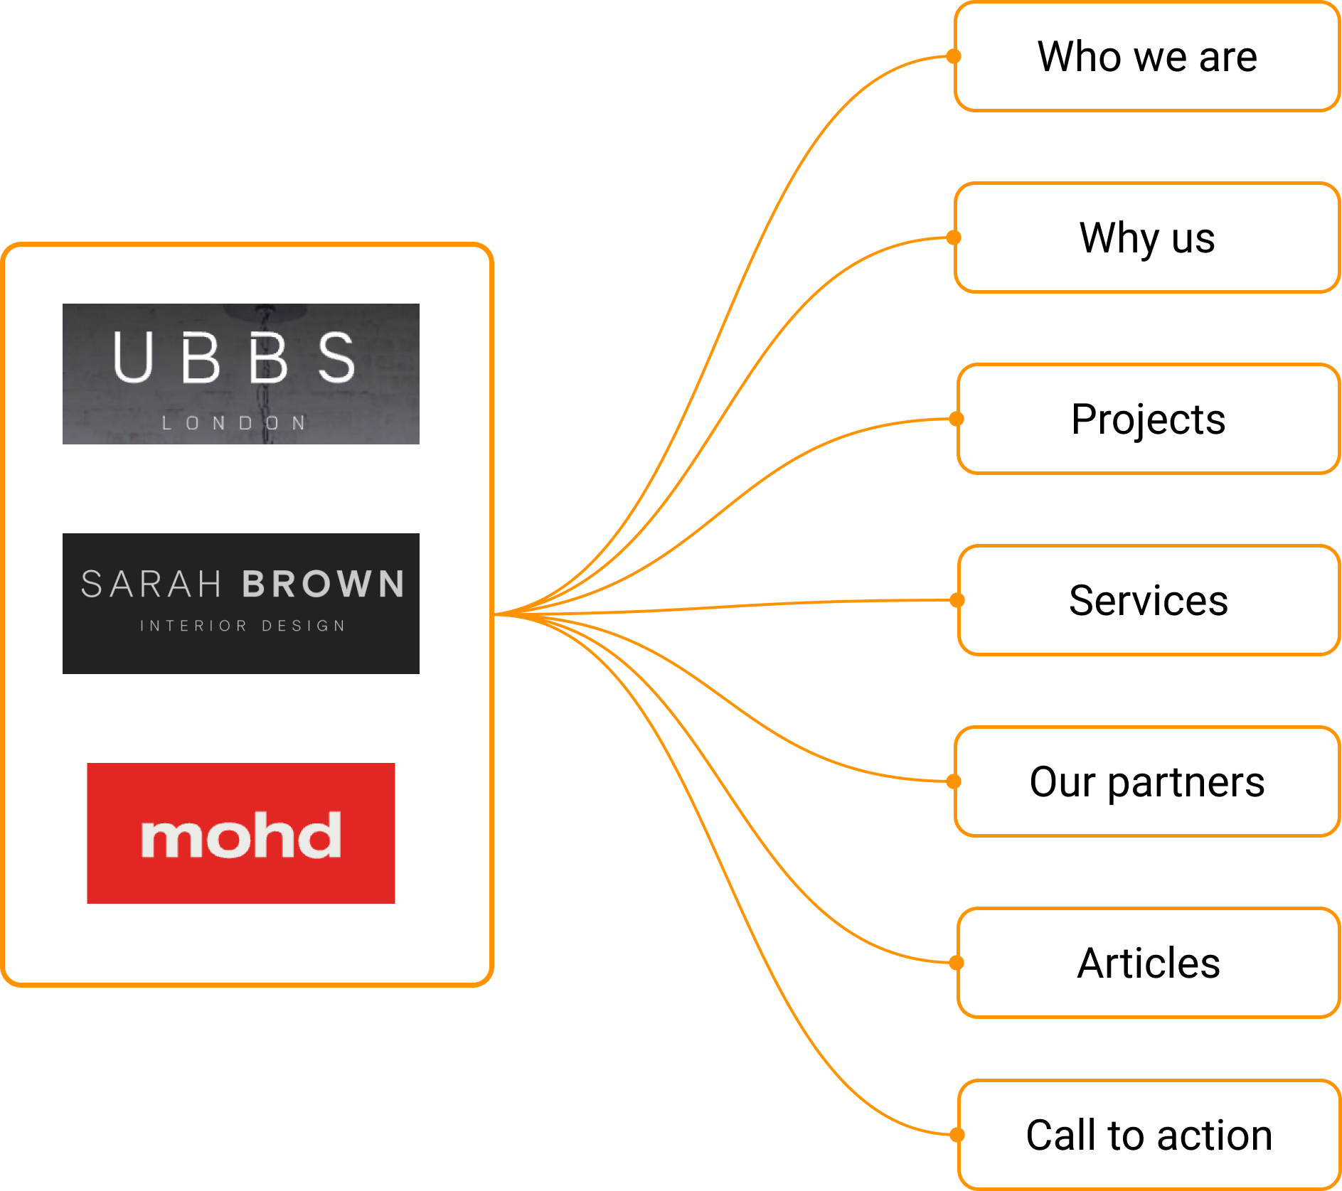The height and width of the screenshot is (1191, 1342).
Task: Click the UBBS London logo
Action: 270,379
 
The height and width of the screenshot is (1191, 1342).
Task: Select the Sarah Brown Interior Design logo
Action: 270,608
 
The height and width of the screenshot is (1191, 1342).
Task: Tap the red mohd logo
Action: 288,836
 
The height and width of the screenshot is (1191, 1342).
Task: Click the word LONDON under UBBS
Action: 234,423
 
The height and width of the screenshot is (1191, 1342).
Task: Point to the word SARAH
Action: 151,584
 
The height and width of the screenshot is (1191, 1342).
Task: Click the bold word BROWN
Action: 324,584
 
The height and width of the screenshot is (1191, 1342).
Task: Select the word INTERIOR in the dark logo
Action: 193,626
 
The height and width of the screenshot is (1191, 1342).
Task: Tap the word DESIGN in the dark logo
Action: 304,626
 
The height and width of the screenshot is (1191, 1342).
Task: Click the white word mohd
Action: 241,835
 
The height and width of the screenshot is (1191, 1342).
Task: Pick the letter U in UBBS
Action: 133,357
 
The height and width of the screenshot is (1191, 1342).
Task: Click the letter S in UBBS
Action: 336,357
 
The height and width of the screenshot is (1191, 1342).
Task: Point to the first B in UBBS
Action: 201,357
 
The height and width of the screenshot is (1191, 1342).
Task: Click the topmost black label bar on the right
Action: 1178,65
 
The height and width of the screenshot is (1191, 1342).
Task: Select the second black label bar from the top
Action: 1199,247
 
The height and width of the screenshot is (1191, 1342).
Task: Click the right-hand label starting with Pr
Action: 1196,428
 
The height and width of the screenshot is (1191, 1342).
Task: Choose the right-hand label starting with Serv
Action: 1195,609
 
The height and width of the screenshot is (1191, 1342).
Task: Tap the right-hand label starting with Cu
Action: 1175,791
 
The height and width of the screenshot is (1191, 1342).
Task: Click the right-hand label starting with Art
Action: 1198,963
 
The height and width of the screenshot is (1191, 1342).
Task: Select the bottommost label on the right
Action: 1173,1138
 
